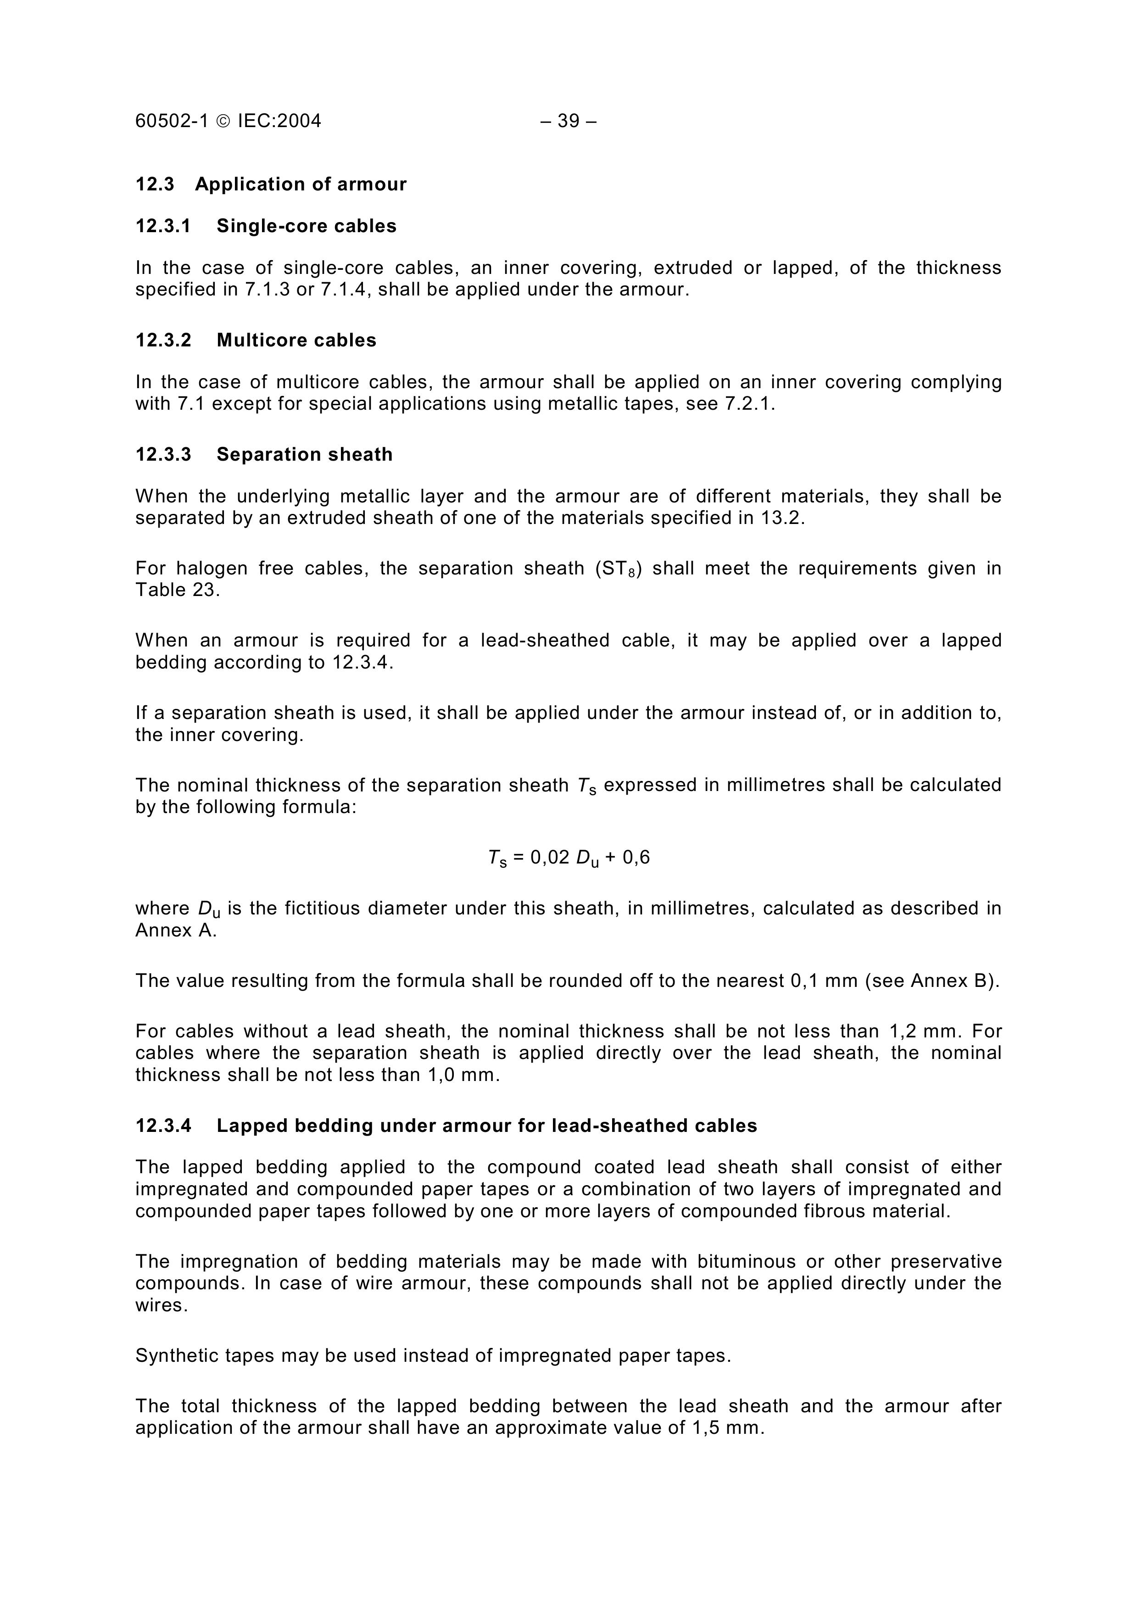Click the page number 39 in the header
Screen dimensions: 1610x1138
click(x=568, y=121)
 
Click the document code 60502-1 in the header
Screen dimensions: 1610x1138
click(x=172, y=121)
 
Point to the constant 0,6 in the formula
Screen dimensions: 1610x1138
click(x=636, y=857)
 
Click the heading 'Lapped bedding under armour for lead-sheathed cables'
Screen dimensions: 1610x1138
click(x=486, y=1125)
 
